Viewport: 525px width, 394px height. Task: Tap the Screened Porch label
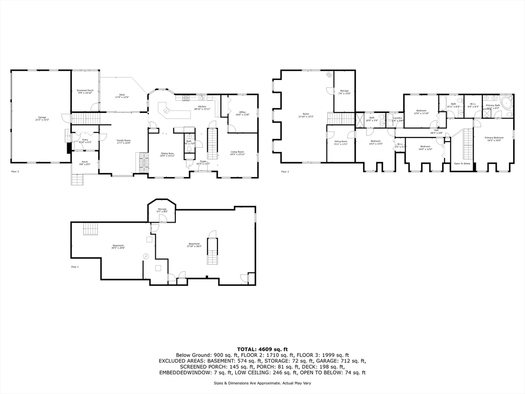click(86, 91)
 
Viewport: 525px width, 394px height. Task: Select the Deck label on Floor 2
click(122, 95)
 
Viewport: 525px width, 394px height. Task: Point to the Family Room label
click(124, 141)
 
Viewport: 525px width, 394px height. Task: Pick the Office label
click(243, 112)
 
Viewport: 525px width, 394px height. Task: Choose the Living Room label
click(237, 152)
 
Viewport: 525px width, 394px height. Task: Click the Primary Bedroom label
click(494, 139)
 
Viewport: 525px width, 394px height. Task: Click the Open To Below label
click(462, 164)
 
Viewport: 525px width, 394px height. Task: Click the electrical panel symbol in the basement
click(146, 256)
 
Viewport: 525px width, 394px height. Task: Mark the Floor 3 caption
click(285, 172)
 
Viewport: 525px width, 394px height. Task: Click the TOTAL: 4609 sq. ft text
click(262, 349)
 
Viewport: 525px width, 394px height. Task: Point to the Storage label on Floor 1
click(162, 210)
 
